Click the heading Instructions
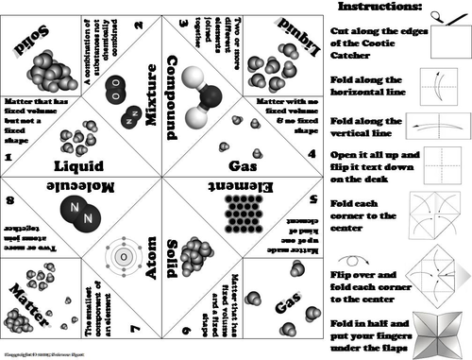pyautogui.click(x=379, y=8)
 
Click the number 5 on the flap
pyautogui.click(x=309, y=201)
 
